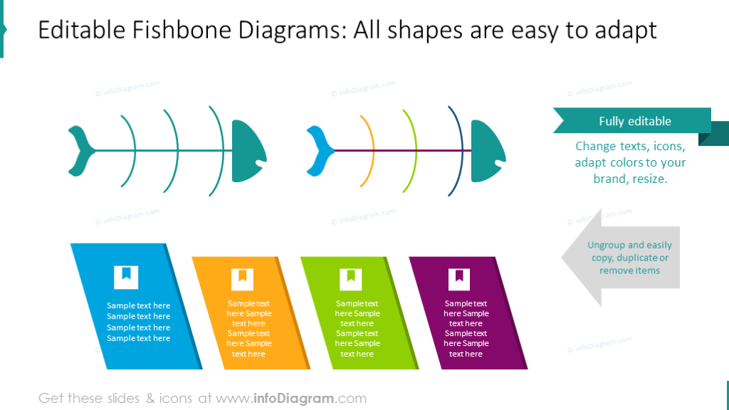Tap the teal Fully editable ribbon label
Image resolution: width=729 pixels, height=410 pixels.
point(634,121)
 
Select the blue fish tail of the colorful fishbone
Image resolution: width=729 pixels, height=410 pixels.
point(320,150)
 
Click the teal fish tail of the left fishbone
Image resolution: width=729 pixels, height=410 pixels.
point(81,150)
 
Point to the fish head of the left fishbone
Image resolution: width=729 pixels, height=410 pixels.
point(247,151)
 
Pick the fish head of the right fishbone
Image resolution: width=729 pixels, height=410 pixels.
point(486,151)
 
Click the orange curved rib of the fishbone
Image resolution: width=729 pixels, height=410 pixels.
point(371,150)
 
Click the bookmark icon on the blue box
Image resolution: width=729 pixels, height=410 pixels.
point(126,277)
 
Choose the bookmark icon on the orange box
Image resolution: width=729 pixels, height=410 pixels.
point(242,279)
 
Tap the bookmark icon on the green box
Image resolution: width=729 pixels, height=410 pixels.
point(351,279)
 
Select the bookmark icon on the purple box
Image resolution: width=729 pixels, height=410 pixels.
point(459,279)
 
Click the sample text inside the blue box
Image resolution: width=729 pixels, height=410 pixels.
point(139,322)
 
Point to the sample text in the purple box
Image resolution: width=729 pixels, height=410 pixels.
point(466,328)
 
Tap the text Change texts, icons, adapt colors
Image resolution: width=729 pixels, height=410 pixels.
point(630,162)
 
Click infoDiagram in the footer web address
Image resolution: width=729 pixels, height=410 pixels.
point(291,399)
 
